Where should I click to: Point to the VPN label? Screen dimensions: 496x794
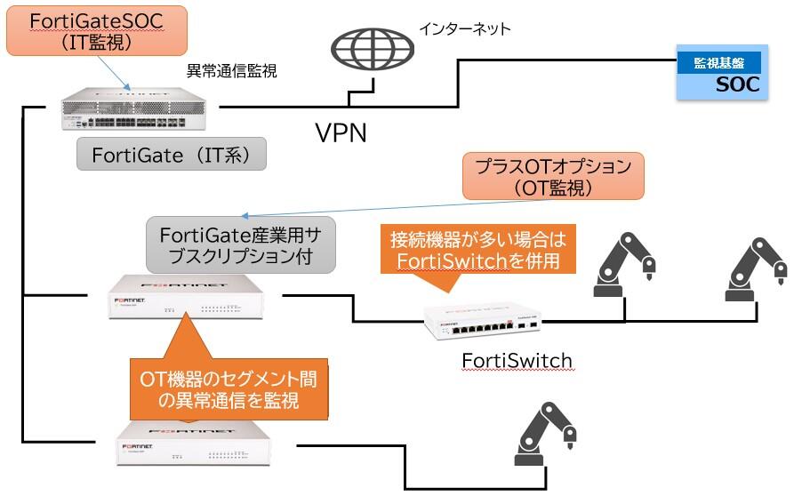(x=342, y=133)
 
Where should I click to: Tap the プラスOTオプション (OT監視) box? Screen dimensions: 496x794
(x=554, y=177)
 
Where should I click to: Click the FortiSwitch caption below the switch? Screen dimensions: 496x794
(x=517, y=360)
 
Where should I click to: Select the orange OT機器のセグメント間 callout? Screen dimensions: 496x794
(x=229, y=389)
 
